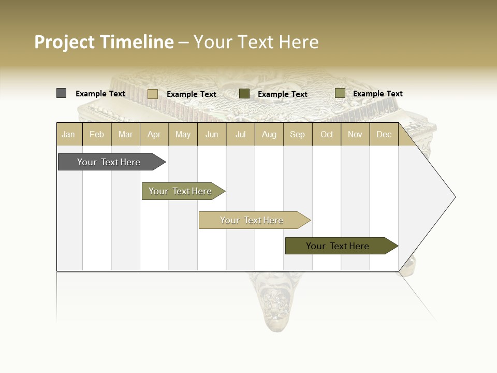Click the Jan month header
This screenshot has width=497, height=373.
69,134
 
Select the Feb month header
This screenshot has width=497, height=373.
97,134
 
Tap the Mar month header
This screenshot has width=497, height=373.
125,134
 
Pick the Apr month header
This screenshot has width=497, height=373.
154,134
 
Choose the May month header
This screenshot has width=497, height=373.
183,134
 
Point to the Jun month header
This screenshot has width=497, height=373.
212,134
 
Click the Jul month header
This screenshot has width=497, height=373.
240,134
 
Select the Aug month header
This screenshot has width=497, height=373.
269,134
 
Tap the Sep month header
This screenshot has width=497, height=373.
298,134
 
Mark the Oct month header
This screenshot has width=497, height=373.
327,134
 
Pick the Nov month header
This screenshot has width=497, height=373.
355,134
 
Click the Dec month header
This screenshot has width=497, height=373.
384,134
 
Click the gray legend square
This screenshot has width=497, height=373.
62,93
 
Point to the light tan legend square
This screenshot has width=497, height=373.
153,94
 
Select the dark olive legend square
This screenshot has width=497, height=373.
244,93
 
